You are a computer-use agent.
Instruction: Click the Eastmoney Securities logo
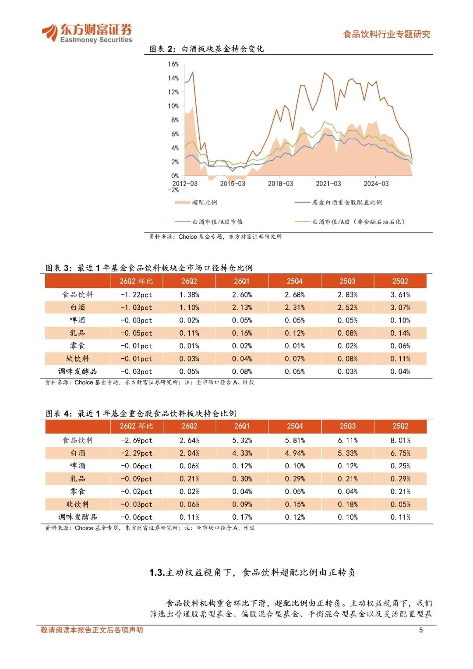click(87, 33)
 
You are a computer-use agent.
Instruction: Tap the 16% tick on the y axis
click(173, 64)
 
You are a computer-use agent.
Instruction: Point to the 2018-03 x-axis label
click(280, 184)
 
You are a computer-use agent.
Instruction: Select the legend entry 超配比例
click(196, 202)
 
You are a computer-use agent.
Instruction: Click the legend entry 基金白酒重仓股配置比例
click(338, 202)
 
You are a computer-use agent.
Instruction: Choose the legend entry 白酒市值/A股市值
click(209, 222)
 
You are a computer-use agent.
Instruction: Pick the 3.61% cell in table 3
click(400, 295)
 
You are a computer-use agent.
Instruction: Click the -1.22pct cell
click(136, 295)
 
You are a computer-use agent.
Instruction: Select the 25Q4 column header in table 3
click(295, 281)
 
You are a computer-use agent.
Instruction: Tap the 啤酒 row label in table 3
click(78, 320)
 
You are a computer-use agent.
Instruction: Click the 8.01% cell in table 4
click(400, 440)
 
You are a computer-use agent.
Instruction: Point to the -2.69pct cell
click(137, 440)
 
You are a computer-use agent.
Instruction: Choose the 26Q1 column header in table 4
click(242, 426)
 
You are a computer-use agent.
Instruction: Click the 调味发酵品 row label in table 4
click(78, 517)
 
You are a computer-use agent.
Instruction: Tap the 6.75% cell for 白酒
click(400, 453)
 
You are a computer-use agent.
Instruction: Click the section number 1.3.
click(157, 573)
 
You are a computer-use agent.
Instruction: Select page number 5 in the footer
click(421, 630)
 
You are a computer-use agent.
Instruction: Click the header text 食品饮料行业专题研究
click(387, 34)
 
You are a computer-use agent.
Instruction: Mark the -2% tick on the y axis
click(173, 190)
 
